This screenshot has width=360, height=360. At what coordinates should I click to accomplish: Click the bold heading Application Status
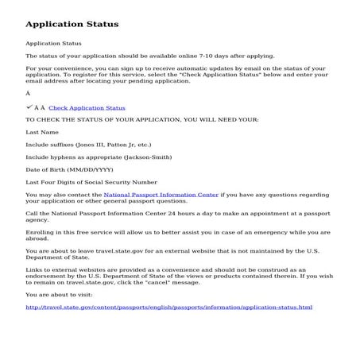72,25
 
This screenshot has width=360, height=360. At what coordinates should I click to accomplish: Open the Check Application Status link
87,107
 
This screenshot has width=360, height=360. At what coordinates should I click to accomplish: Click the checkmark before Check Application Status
29,106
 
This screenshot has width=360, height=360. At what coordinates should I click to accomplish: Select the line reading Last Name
42,132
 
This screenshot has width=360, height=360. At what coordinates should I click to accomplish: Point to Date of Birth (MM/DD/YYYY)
69,169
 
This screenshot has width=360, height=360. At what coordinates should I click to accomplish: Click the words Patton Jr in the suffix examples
119,145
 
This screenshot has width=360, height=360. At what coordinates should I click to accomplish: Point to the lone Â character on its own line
28,94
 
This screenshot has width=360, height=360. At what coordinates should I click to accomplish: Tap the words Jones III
91,145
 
